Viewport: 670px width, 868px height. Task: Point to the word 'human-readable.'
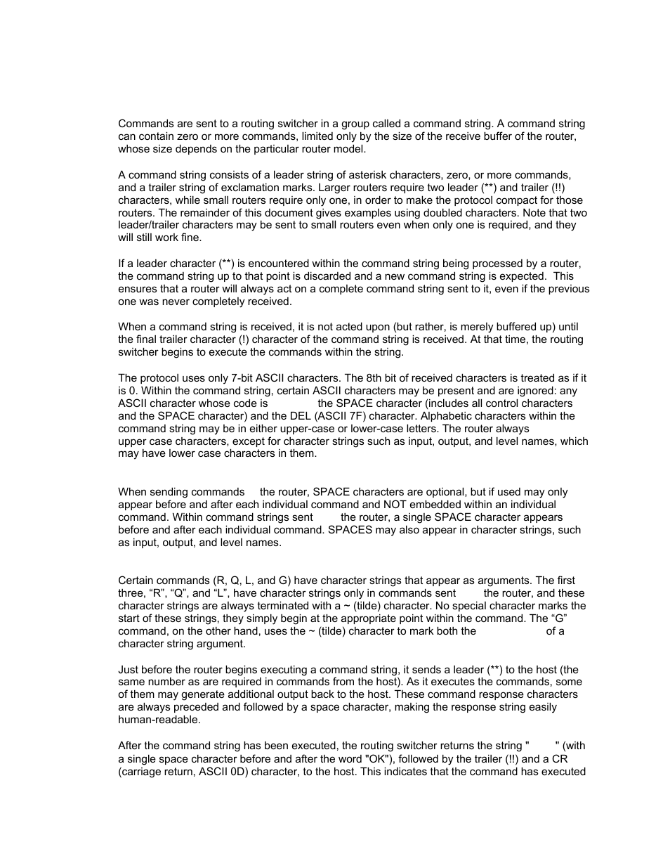pos(159,720)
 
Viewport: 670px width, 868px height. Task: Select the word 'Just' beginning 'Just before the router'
pos(129,670)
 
